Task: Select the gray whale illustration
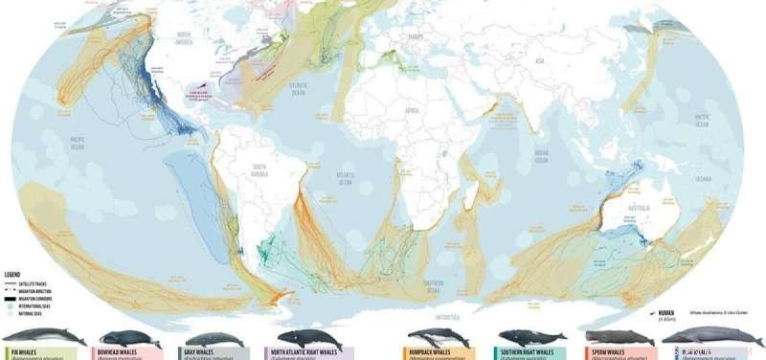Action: (x=212, y=339)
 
